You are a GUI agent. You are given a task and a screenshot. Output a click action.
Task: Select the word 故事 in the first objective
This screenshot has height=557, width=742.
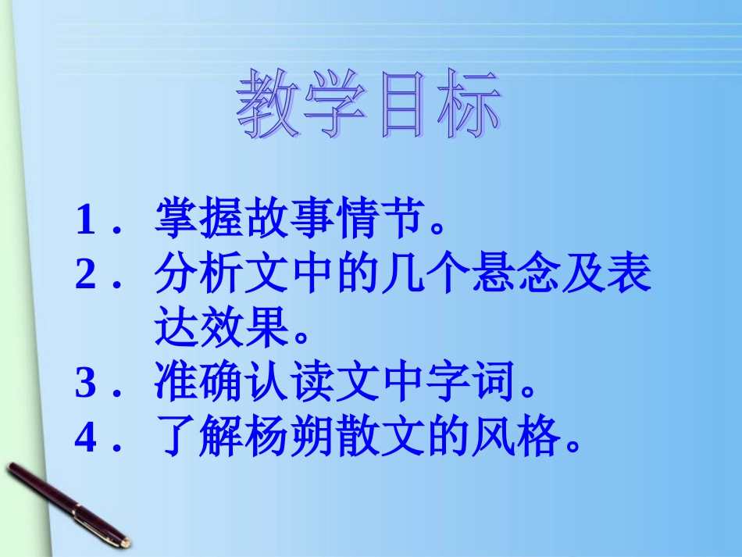(x=280, y=220)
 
